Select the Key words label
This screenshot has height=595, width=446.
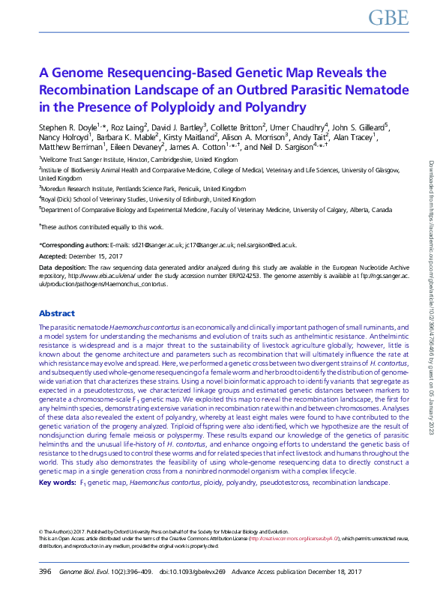(56, 483)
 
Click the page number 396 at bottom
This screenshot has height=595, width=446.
(45, 572)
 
